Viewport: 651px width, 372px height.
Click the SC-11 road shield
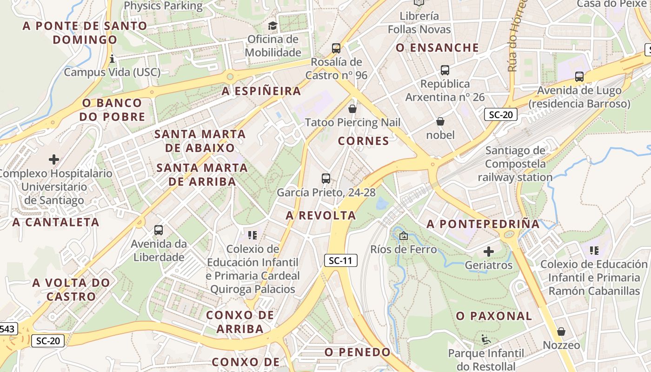[340, 260]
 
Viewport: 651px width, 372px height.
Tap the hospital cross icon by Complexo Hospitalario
[54, 159]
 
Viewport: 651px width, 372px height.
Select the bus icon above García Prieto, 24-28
[326, 178]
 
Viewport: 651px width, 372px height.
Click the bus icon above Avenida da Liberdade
[159, 230]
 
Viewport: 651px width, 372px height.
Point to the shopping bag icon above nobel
[440, 121]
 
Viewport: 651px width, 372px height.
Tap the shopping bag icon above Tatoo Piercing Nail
[352, 109]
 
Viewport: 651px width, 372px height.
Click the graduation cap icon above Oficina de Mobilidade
[272, 25]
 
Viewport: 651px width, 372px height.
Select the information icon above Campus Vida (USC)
[112, 59]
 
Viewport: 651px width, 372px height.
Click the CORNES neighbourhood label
[364, 141]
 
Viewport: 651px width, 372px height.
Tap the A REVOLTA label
[321, 215]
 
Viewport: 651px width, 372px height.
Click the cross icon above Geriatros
[488, 252]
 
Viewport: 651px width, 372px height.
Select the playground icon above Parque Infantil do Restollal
[486, 339]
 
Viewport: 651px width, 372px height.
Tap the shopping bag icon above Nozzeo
[561, 332]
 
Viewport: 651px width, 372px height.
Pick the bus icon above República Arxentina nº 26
[445, 70]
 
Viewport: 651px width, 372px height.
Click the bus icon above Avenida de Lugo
[579, 77]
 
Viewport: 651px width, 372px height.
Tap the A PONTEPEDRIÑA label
[483, 224]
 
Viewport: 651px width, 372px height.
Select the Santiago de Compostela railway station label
[515, 164]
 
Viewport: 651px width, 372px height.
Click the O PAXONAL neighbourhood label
[494, 316]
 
